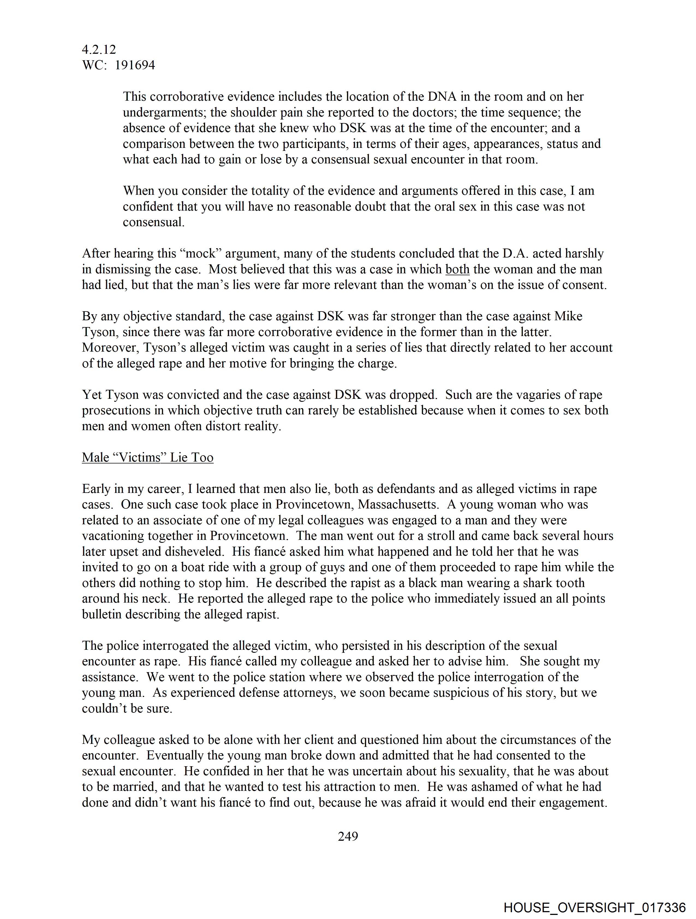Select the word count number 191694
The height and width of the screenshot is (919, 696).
[x=135, y=65]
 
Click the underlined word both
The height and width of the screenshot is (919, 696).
[x=457, y=269]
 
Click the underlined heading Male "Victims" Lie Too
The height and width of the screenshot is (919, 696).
[x=148, y=457]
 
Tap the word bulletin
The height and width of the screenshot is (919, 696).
[x=102, y=614]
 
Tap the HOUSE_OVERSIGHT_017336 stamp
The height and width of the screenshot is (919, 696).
[x=594, y=907]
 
